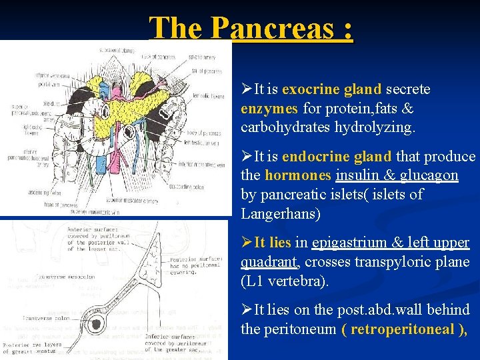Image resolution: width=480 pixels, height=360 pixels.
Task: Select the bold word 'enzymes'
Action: [270, 108]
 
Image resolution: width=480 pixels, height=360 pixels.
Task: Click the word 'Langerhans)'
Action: [281, 213]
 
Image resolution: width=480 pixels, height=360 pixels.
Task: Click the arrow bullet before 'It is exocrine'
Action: [246, 89]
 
